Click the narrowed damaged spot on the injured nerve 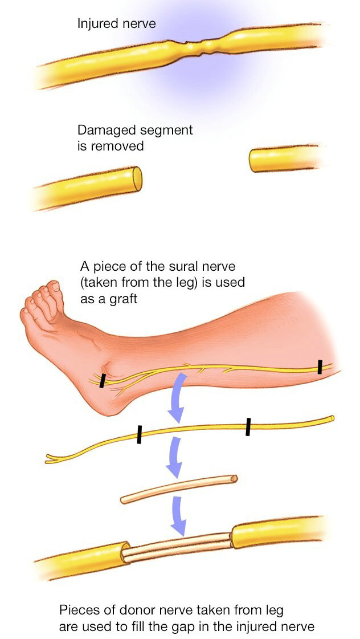coord(197,44)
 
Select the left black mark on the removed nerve coord(139,434)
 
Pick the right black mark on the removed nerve coord(248,426)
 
